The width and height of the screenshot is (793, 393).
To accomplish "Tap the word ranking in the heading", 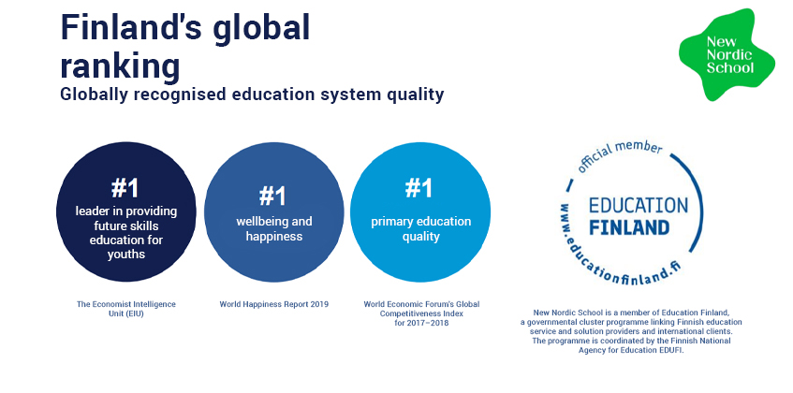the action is (120, 67).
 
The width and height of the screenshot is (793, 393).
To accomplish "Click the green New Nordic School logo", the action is (727, 54).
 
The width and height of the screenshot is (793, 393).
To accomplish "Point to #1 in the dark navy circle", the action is (125, 188).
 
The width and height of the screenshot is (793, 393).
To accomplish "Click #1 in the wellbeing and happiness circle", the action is (272, 196).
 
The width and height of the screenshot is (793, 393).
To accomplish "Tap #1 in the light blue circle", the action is (419, 188).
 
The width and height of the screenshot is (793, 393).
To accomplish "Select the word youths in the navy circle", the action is (126, 255).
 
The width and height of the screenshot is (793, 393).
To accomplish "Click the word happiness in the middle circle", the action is (274, 237).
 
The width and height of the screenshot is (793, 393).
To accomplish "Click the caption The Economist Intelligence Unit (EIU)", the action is (126, 309).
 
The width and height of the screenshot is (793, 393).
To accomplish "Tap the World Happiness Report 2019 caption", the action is (274, 305).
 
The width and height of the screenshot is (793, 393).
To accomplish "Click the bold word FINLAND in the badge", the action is (629, 226).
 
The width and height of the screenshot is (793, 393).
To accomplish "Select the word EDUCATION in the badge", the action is (639, 206).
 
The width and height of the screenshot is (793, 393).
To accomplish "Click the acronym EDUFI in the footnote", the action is (670, 350).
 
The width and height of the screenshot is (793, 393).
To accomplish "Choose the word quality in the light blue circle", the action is (420, 237).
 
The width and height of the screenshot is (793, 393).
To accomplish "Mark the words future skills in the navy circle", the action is (126, 226).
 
